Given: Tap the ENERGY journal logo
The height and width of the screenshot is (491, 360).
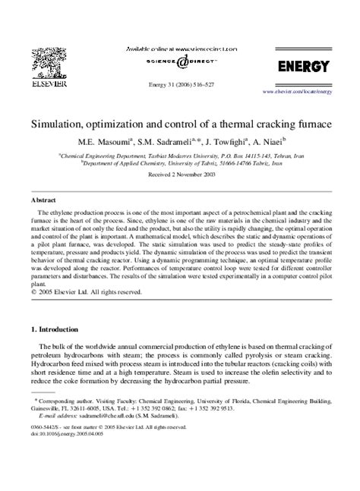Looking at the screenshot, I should point(303,67).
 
